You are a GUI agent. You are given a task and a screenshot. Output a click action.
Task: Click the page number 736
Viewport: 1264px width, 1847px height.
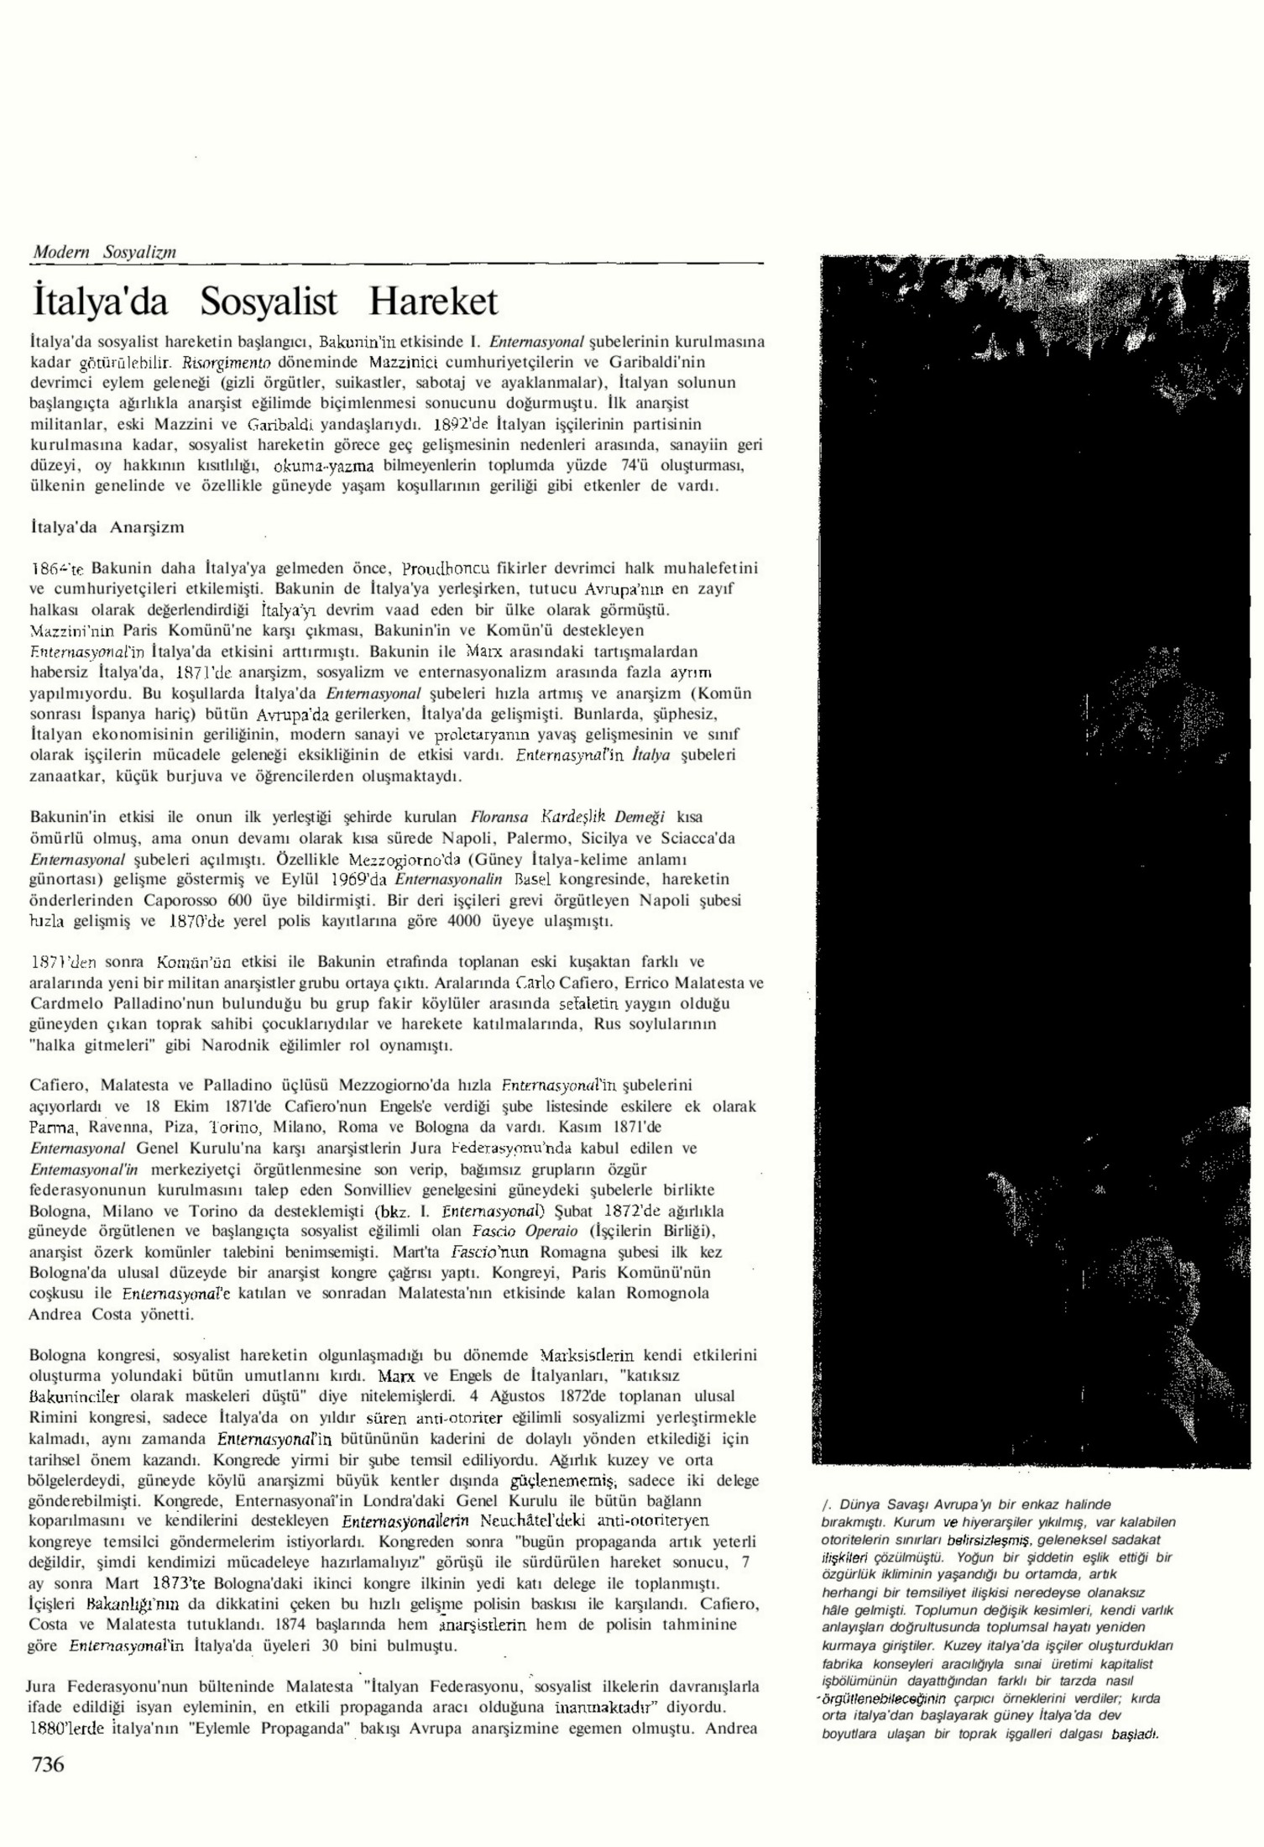(48, 1764)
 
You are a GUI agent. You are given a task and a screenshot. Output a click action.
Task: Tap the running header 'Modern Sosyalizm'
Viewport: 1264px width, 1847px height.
(105, 252)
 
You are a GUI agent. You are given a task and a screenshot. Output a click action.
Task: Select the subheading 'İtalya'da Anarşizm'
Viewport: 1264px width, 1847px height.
(107, 527)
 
